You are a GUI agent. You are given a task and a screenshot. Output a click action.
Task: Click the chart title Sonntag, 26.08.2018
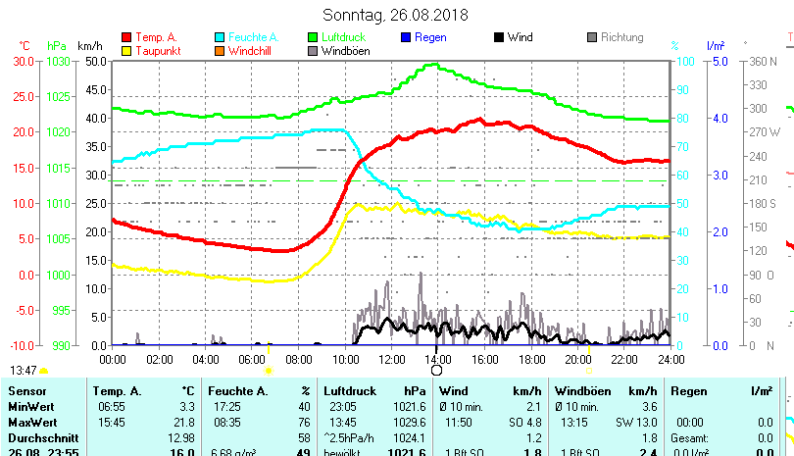coord(395,15)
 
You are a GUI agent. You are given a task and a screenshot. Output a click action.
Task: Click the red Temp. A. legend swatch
coord(126,37)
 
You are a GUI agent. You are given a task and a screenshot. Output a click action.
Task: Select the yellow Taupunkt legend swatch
coord(126,51)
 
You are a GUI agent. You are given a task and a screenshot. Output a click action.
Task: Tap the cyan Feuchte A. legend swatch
coord(220,37)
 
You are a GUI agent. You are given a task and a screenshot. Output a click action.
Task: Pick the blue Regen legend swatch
coord(406,37)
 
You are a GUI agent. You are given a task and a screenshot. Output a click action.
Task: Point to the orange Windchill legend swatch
coord(220,51)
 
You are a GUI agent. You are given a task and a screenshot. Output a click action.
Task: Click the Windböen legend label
coord(345,51)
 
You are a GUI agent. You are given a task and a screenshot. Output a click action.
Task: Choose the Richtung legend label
coord(621,37)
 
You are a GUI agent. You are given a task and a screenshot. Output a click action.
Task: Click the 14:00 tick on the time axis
coord(436,360)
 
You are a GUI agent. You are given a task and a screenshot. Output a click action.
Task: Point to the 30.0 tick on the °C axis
coord(25,61)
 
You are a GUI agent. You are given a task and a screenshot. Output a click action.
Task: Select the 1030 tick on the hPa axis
coord(58,61)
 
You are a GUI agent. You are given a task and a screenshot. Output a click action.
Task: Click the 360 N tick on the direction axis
coord(764,61)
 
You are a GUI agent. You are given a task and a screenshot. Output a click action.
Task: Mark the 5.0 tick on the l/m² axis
coord(719,61)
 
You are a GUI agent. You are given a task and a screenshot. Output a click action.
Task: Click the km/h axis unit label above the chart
coord(89,46)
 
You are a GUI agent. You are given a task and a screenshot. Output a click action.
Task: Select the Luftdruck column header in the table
coord(349,391)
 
